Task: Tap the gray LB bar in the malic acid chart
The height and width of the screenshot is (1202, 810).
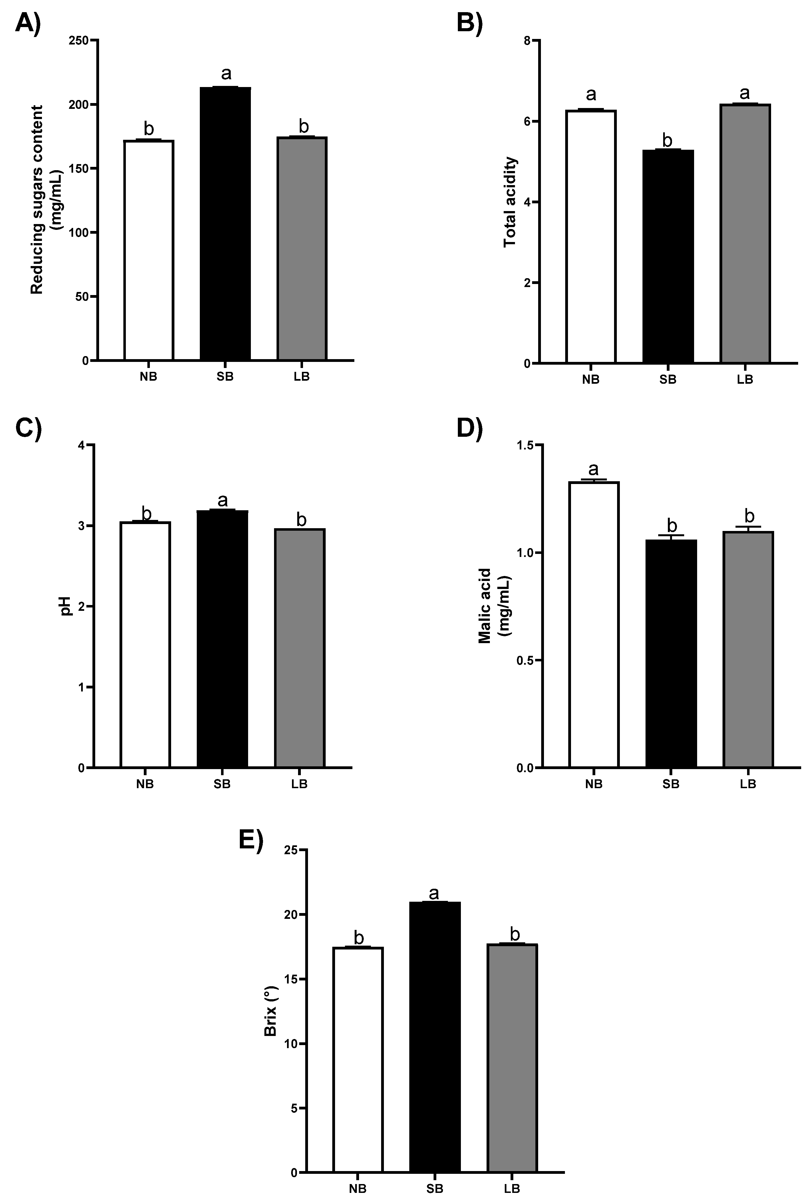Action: point(748,649)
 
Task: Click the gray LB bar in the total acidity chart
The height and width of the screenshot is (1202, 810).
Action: point(745,234)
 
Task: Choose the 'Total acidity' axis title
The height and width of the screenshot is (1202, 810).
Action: point(510,202)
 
